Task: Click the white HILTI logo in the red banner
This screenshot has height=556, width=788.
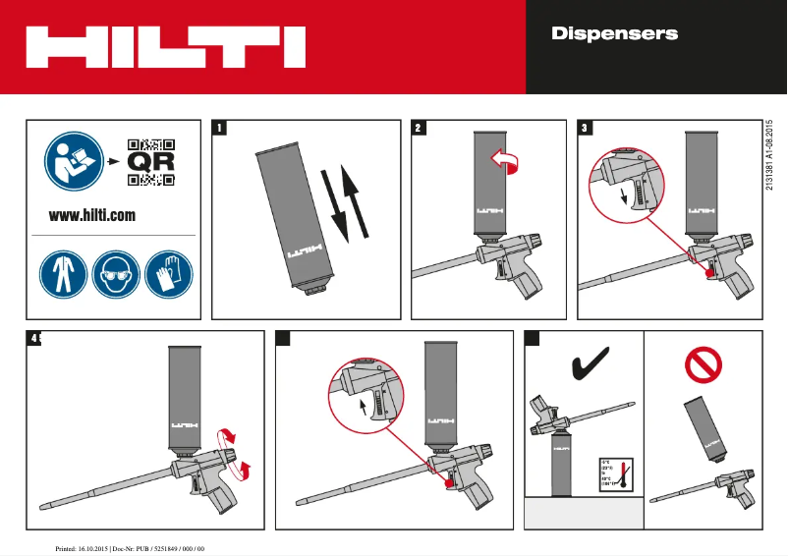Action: coord(165,46)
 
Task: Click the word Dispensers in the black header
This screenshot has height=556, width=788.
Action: coord(614,34)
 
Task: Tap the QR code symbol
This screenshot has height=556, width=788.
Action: coord(151,161)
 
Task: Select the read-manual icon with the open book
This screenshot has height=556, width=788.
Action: coord(71,160)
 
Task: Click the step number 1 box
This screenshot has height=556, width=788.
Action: coord(220,128)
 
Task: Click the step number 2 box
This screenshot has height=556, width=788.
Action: coord(419,128)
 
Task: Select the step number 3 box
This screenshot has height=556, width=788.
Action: coord(586,128)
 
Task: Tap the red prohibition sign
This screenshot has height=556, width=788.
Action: coord(704,365)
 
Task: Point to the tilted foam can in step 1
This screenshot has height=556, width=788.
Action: coord(296,218)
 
